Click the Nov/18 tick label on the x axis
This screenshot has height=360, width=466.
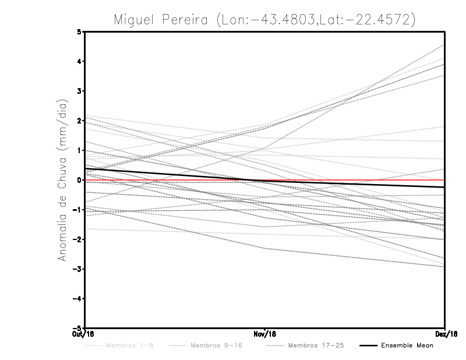pos(265,334)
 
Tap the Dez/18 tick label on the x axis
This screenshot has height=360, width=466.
pos(444,334)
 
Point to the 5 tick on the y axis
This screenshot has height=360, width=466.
pos(80,31)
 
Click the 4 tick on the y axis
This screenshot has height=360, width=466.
pos(80,61)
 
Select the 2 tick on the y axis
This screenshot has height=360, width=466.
pos(80,121)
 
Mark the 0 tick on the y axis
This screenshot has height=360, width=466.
pos(80,180)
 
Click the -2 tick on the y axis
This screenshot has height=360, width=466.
pos(77,239)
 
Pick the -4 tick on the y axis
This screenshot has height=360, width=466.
pos(77,299)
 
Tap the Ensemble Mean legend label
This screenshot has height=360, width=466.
pos(407,345)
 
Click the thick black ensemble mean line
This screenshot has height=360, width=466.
pos(175,175)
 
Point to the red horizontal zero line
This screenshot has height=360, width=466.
pos(379,180)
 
